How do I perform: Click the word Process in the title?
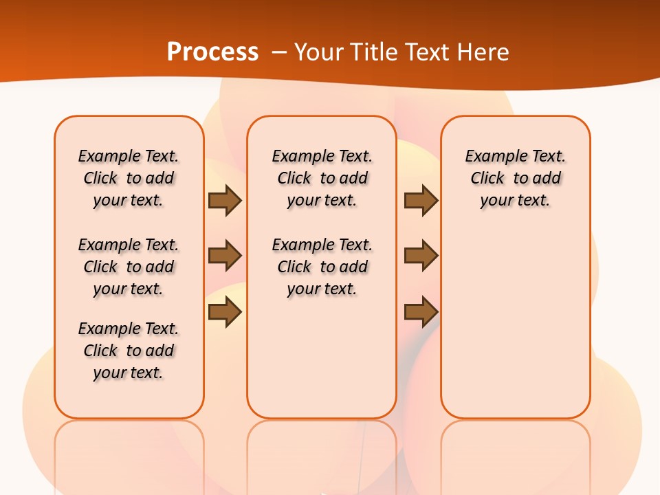[212, 52]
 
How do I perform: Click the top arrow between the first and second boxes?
[225, 200]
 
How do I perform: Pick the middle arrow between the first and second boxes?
[225, 256]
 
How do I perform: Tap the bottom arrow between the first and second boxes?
[225, 312]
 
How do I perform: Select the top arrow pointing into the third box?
[421, 200]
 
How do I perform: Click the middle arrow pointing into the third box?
[421, 256]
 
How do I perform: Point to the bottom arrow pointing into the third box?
[421, 312]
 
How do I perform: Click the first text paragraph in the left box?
[129, 178]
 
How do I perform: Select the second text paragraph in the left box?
[129, 267]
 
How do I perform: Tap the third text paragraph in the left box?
[129, 351]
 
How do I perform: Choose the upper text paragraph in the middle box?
[322, 178]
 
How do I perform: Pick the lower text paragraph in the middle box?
[322, 267]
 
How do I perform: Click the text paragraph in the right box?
[515, 178]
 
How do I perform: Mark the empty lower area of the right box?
[515, 323]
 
